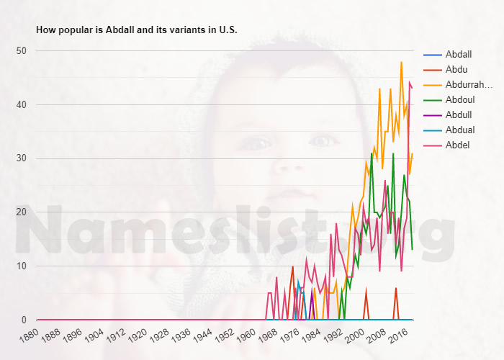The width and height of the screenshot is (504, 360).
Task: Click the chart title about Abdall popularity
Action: (137, 30)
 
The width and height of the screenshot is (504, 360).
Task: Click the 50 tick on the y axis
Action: (21, 51)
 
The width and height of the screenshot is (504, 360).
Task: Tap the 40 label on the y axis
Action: (21, 105)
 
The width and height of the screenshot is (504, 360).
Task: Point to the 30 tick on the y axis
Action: (21, 158)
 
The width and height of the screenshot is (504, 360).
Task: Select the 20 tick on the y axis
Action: (21, 212)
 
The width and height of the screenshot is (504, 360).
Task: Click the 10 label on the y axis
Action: (21, 266)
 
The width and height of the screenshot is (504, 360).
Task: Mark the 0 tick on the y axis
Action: (24, 320)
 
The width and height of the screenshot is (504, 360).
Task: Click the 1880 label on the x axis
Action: (29, 336)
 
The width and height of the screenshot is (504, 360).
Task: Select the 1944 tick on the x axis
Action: (203, 336)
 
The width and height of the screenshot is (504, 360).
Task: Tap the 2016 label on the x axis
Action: (398, 336)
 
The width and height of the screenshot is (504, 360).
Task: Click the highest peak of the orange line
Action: (401, 62)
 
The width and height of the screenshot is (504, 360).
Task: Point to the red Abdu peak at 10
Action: (292, 266)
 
